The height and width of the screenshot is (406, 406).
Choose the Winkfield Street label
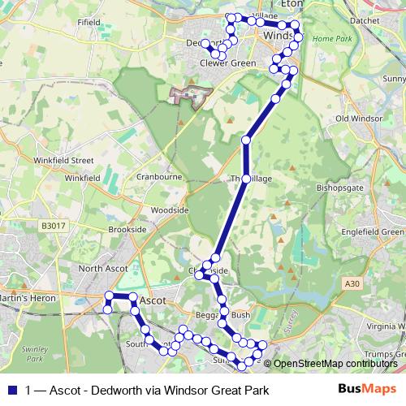[64, 161]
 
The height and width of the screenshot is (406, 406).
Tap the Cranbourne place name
[158, 175]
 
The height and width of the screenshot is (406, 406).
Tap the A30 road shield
[350, 283]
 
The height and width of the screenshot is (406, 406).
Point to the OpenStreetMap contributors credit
[335, 364]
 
